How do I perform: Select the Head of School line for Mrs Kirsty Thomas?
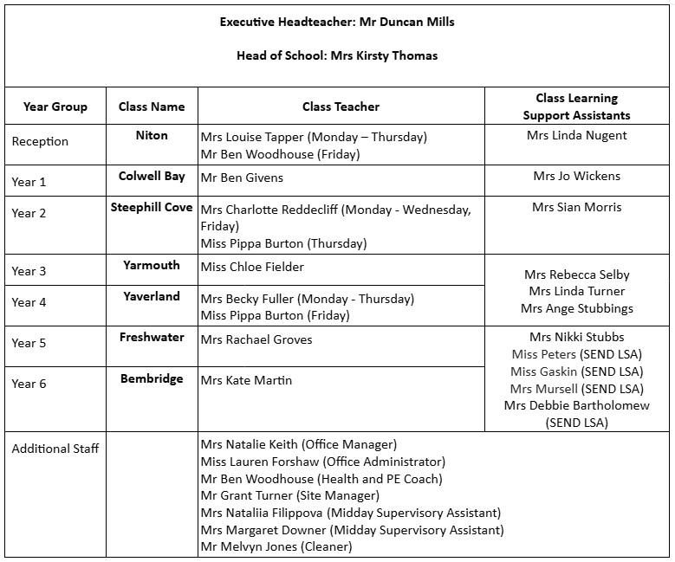coord(337,55)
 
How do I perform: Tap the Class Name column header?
coord(152,107)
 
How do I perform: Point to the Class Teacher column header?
coord(341,107)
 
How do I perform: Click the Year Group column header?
coord(55,107)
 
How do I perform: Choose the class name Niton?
coord(152,135)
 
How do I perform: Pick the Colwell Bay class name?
coord(152,176)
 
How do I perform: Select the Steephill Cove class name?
coord(152,207)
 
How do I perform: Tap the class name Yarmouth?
coord(152,265)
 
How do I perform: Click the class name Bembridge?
coord(152,378)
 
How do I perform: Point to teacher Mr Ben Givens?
coord(242,178)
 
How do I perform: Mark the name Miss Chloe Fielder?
coord(252,267)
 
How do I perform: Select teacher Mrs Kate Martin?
coord(246,380)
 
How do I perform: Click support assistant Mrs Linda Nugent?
coord(576,135)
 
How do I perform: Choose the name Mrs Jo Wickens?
coord(576,176)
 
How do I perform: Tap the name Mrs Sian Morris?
coord(576,207)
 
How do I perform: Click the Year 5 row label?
coord(29,343)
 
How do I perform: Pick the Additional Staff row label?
coord(55,449)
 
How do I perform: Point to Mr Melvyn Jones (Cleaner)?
coord(276,546)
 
